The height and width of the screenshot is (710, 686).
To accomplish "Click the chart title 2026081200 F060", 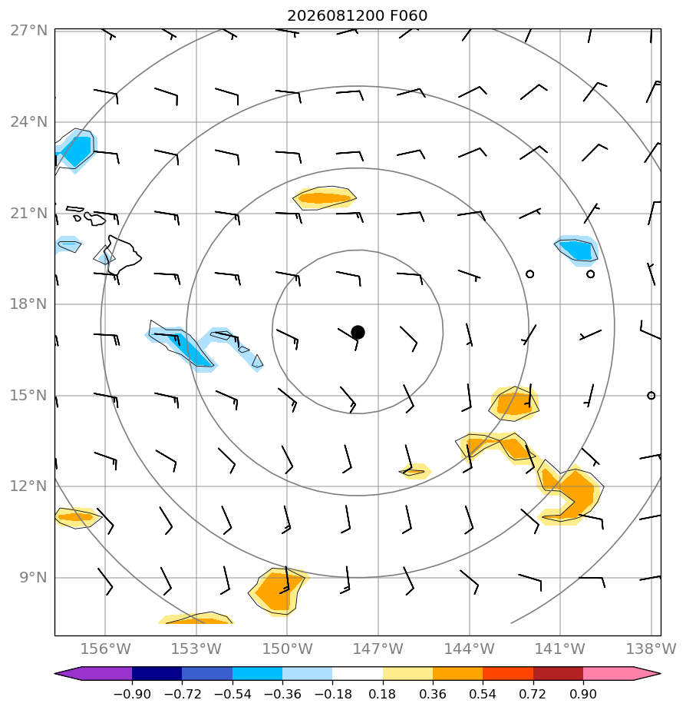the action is pyautogui.click(x=357, y=16).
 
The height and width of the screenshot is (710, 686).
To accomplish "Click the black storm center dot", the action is pyautogui.click(x=358, y=333).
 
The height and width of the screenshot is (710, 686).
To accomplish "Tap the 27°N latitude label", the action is pyautogui.click(x=29, y=31).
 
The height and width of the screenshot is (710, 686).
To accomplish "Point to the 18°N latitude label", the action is pyautogui.click(x=29, y=304).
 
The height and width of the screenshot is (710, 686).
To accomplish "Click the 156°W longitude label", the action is pyautogui.click(x=105, y=649).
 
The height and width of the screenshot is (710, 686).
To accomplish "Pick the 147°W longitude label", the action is pyautogui.click(x=378, y=649).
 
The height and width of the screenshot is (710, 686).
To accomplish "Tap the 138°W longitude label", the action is pyautogui.click(x=651, y=649).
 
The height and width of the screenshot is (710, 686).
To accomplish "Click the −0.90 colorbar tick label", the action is pyautogui.click(x=131, y=694).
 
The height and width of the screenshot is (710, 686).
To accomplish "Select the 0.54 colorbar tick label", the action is pyautogui.click(x=483, y=694).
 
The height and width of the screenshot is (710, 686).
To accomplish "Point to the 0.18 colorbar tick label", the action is pyautogui.click(x=382, y=694).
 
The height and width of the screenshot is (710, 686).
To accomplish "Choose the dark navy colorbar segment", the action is pyautogui.click(x=157, y=673).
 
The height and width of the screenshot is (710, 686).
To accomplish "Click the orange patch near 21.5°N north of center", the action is pyautogui.click(x=325, y=198).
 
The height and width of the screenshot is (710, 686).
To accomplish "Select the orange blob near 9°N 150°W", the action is pyautogui.click(x=277, y=592).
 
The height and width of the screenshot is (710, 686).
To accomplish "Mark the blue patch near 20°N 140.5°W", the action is pyautogui.click(x=576, y=250).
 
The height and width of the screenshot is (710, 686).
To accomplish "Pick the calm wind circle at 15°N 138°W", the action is pyautogui.click(x=651, y=395).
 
